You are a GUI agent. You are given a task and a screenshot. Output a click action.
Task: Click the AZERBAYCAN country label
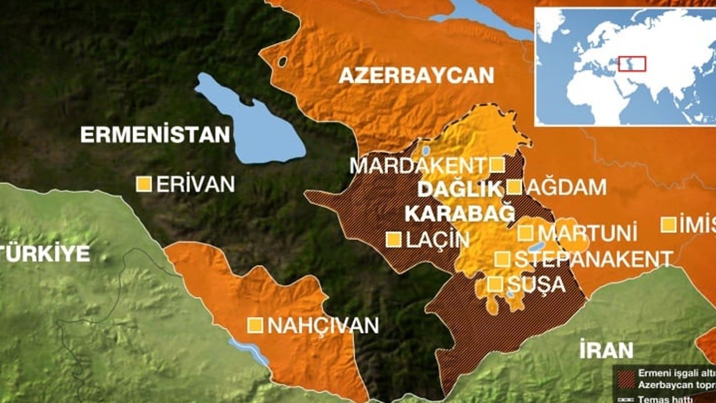[x=416, y=75]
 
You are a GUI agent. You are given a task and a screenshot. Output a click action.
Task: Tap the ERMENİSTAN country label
[x=155, y=135]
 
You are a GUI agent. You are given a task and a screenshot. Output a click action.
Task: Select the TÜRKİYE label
[x=45, y=254]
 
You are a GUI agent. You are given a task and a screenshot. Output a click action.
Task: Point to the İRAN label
[x=606, y=350]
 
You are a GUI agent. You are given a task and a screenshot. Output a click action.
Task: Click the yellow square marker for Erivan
[x=144, y=184]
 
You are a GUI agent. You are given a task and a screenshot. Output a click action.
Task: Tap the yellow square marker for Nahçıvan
[x=256, y=325]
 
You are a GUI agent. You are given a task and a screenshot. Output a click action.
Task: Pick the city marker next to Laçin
[x=394, y=240]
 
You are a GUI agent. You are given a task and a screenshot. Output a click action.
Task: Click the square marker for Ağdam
[x=515, y=187]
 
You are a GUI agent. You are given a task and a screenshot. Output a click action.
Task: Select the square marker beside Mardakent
[x=497, y=165]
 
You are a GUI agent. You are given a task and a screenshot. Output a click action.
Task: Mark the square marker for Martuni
[x=525, y=233]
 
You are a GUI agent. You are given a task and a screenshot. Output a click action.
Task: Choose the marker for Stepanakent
[x=502, y=259]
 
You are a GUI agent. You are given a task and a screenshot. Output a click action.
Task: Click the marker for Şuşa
[x=494, y=284]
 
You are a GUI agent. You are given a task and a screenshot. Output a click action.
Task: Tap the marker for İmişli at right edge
[x=668, y=224]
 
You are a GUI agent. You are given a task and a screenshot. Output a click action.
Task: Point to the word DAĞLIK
[x=460, y=189]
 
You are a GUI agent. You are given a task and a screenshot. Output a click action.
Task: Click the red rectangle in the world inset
[x=632, y=64]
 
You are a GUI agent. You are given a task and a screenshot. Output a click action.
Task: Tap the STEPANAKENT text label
[x=593, y=259]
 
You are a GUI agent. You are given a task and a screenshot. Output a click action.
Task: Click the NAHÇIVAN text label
[x=323, y=325]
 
